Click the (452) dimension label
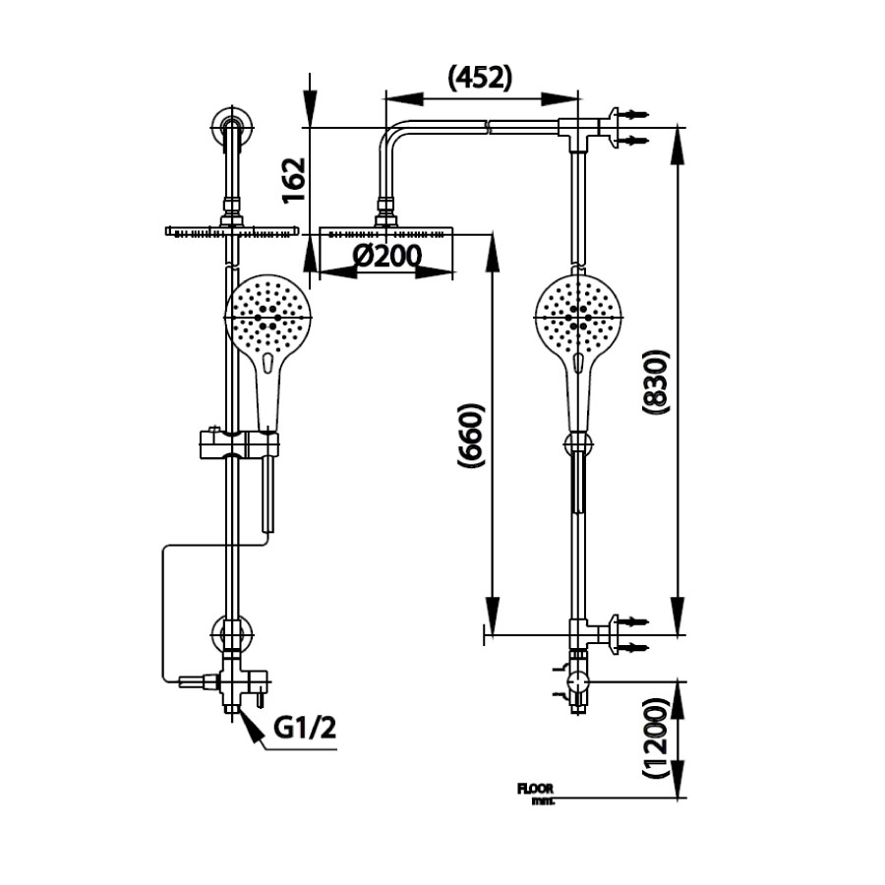coord(480,79)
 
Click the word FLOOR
coord(535,788)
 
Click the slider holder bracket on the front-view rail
coord(237,443)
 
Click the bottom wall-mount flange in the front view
coord(231,631)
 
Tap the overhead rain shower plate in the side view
coord(386,234)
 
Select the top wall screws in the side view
coord(629,128)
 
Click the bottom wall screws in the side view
coord(629,634)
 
